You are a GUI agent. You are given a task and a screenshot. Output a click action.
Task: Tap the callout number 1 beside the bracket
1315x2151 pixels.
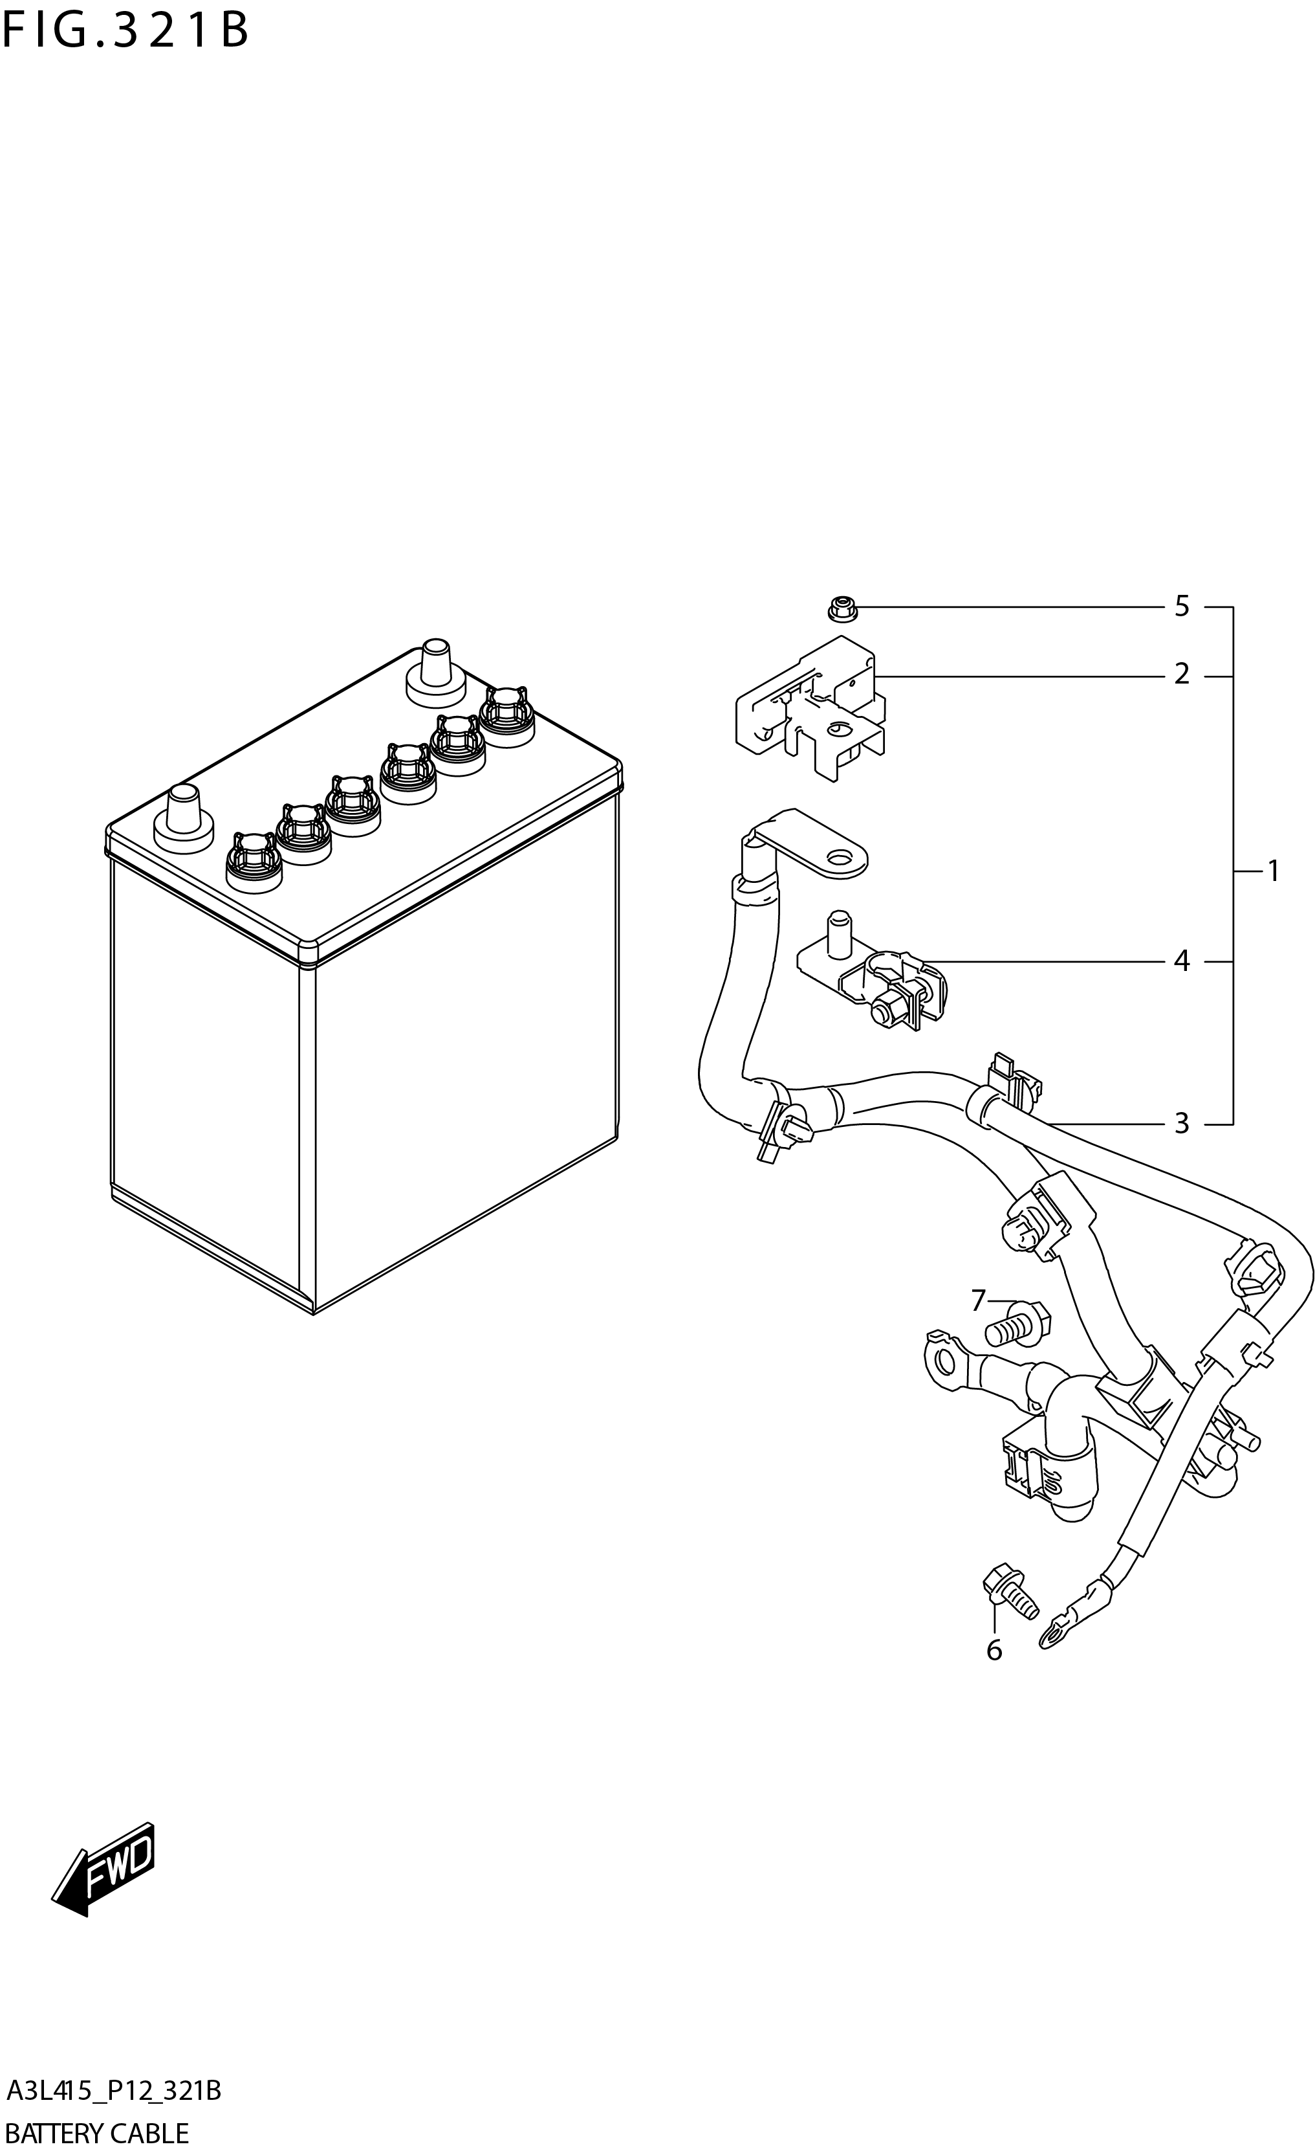(x=1272, y=871)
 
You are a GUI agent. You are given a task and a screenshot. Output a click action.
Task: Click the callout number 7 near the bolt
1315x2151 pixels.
(x=977, y=1302)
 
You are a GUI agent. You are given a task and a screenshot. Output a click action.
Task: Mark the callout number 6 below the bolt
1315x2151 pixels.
(x=994, y=1651)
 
